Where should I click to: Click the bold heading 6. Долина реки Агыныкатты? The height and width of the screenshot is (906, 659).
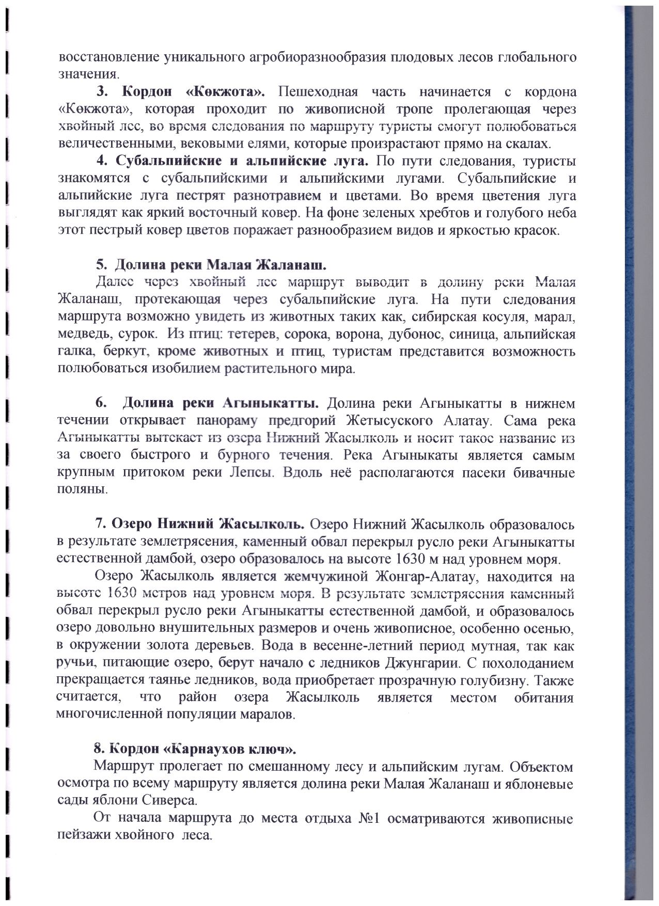[207, 403]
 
